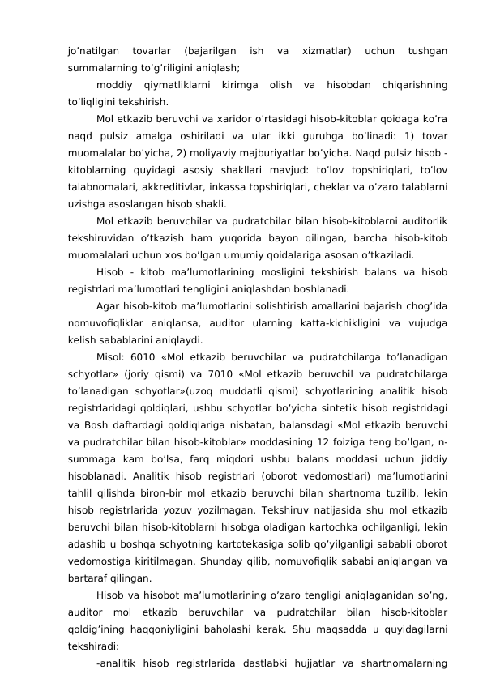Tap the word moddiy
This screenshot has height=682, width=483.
click(x=113, y=85)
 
